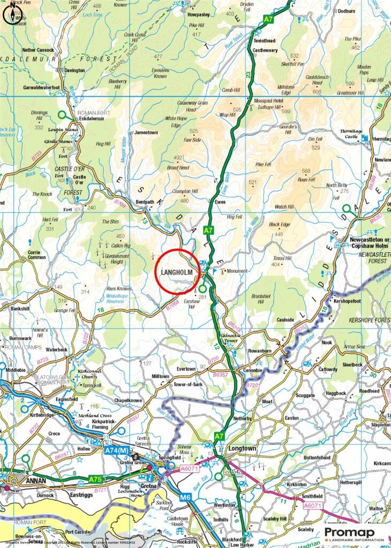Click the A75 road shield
95,478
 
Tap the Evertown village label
187,369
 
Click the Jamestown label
146,132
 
